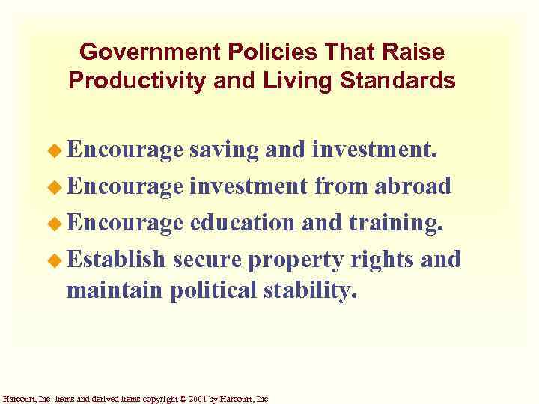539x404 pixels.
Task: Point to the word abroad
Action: point(412,186)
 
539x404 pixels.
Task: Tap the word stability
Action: point(309,290)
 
